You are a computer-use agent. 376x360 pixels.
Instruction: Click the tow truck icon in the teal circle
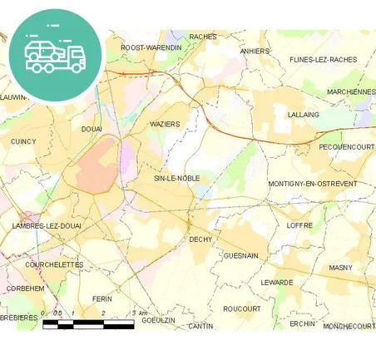(55, 55)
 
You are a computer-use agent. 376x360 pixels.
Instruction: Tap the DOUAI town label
(92, 129)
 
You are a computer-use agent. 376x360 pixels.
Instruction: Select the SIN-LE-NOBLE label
(177, 178)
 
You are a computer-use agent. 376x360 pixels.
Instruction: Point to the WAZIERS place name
(165, 123)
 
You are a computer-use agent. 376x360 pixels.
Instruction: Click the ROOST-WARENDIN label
(151, 47)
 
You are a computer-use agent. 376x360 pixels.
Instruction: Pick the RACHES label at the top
(203, 37)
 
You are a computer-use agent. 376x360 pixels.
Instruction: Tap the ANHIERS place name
(255, 51)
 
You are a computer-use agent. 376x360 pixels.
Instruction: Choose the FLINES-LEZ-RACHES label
(323, 60)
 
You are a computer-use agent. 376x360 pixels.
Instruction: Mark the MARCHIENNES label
(350, 91)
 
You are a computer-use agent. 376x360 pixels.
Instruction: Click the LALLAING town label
(303, 115)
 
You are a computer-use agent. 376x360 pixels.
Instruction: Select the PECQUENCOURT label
(347, 146)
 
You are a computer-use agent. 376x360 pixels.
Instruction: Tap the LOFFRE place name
(299, 225)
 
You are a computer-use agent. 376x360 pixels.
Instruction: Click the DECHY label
(200, 239)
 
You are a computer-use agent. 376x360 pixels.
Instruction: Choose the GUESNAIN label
(241, 256)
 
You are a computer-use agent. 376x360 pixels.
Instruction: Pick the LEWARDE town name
(277, 282)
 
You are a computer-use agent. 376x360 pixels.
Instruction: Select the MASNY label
(340, 268)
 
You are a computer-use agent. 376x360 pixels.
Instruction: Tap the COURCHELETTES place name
(55, 264)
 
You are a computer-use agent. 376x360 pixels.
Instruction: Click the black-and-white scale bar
(88, 323)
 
